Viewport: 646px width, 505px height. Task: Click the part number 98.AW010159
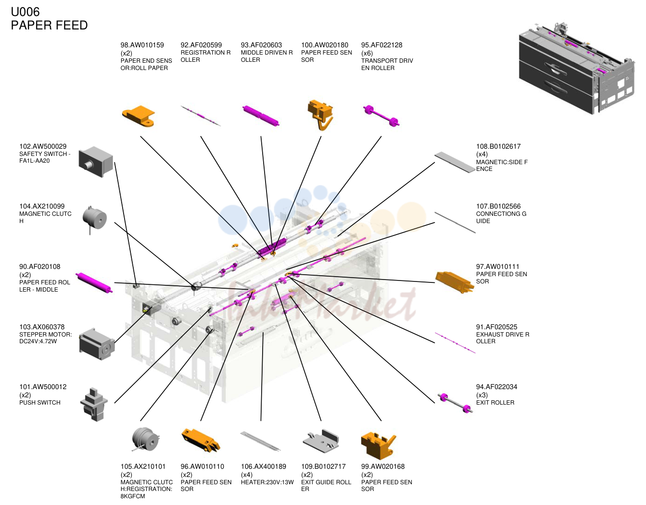click(142, 45)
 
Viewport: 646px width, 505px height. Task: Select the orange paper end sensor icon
click(139, 116)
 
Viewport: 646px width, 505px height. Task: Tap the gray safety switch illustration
click(96, 162)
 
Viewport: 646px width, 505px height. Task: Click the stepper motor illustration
click(97, 344)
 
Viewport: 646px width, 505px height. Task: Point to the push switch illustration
click(94, 405)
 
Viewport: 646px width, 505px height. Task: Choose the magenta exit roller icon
click(455, 403)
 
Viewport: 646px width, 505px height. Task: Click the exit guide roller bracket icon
click(321, 441)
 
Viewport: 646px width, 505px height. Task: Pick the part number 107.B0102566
click(498, 206)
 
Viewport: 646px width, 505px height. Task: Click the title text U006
click(25, 12)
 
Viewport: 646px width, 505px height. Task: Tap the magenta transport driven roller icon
click(381, 115)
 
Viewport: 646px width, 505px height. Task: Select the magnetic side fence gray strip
click(455, 162)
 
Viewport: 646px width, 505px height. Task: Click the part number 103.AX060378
click(42, 327)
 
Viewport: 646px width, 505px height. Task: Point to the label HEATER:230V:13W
click(267, 482)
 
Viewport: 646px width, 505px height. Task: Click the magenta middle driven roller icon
click(261, 115)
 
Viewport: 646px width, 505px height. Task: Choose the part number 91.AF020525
click(497, 327)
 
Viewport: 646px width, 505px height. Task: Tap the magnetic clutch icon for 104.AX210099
click(95, 219)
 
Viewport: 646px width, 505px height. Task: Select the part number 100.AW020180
click(324, 45)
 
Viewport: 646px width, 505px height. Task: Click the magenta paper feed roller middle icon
click(94, 282)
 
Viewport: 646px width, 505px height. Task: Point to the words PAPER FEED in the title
click(49, 25)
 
